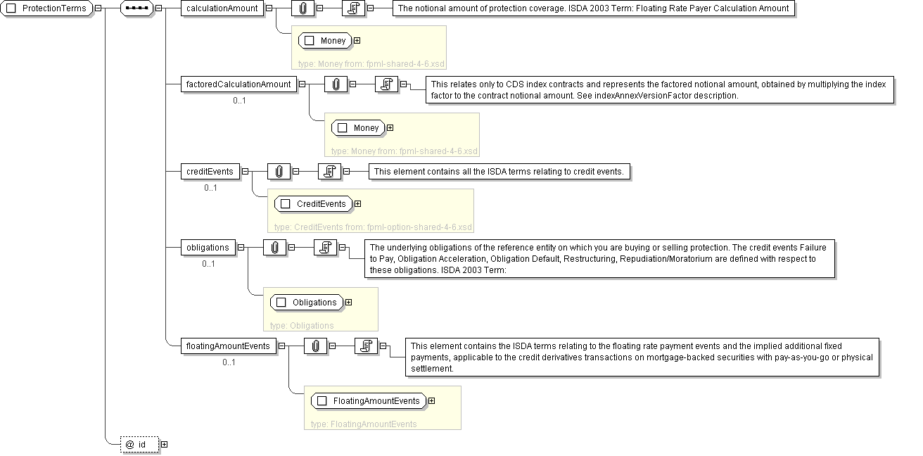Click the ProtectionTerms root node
click(46, 8)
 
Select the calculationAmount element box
click(222, 8)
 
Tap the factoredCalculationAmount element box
click(238, 84)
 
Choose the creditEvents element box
click(210, 172)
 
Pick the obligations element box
click(208, 248)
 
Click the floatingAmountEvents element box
click(228, 346)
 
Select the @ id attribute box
click(140, 445)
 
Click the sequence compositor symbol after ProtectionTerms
click(136, 8)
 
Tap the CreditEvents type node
click(314, 203)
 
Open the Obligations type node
click(307, 302)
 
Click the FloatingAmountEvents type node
click(369, 400)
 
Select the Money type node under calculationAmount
click(325, 40)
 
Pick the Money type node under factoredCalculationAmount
click(358, 128)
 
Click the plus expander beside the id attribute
click(165, 445)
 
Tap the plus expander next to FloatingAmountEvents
click(431, 400)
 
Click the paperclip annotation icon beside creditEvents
click(279, 172)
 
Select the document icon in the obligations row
click(325, 248)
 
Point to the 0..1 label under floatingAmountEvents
click(229, 362)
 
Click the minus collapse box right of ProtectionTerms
click(98, 8)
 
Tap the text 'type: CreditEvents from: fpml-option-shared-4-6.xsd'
click(373, 227)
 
